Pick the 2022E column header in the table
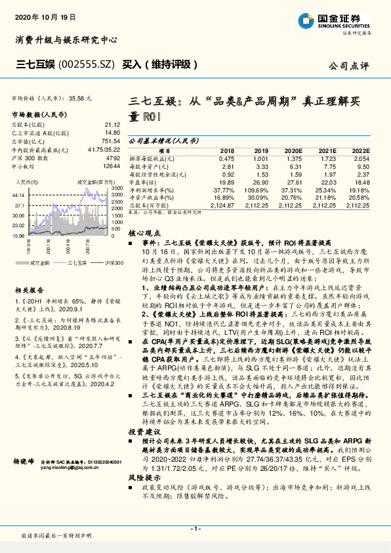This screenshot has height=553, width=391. click(360, 151)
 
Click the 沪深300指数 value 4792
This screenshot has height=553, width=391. click(112, 158)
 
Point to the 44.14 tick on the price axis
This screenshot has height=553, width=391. click(18, 195)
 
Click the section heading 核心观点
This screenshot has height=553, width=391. click(144, 232)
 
